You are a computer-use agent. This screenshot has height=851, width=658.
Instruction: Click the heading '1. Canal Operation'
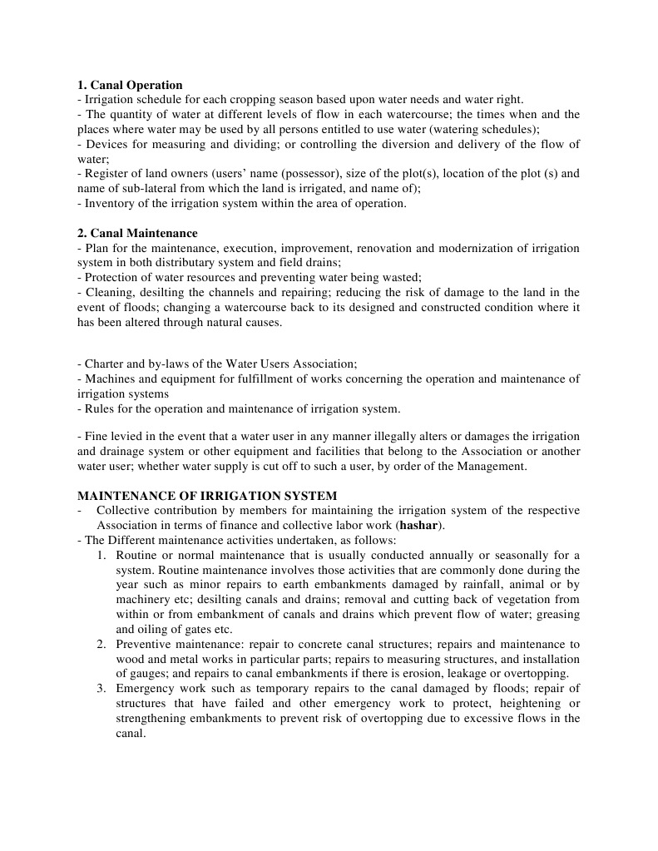tap(130, 85)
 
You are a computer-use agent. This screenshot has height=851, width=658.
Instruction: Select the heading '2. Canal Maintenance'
tap(137, 233)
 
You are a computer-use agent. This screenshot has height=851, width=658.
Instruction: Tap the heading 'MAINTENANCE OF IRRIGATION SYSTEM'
tap(207, 496)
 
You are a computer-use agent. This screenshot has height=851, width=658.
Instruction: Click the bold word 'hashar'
tap(420, 526)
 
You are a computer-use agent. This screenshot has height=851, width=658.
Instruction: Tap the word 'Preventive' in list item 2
tap(144, 645)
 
